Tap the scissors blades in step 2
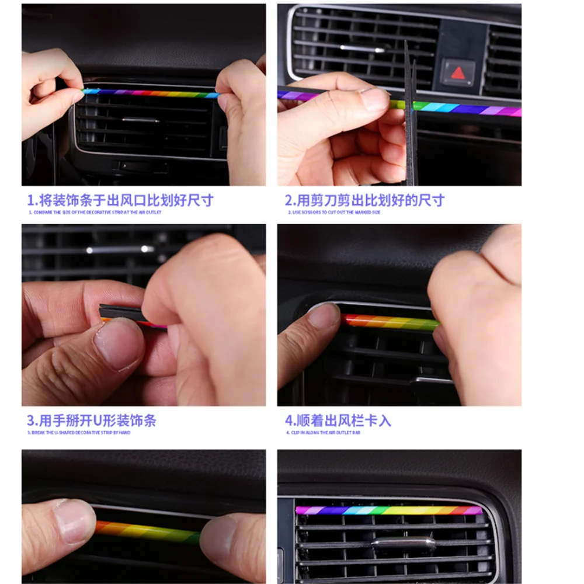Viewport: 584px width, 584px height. tap(411, 117)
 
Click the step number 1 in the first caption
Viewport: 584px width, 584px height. tap(30, 200)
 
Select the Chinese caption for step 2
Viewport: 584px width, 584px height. tap(365, 200)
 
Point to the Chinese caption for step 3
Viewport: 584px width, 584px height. tap(92, 420)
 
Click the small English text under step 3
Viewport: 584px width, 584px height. tap(79, 433)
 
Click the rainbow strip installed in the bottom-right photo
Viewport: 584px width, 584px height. tap(388, 510)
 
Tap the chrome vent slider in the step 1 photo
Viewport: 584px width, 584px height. tap(140, 120)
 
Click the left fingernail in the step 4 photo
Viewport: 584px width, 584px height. tap(323, 315)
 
